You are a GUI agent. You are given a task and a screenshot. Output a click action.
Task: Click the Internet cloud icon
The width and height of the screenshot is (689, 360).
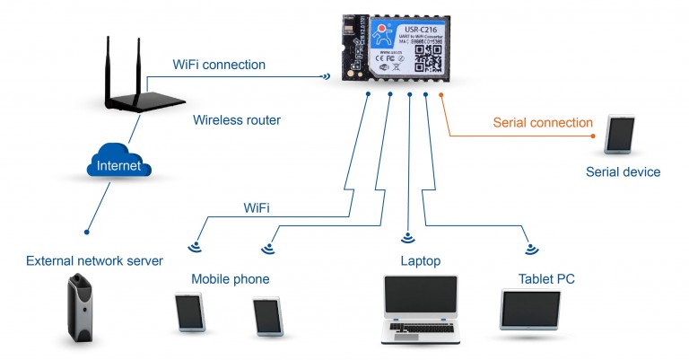tap(120, 165)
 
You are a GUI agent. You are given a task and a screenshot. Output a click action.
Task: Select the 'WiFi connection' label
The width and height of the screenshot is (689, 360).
tap(219, 65)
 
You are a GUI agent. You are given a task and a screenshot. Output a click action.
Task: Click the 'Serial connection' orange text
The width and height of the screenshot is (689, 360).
tap(543, 122)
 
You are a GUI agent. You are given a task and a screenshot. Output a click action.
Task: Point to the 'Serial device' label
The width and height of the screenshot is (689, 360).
tap(623, 171)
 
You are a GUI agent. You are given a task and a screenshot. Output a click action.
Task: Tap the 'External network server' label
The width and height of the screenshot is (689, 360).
tap(94, 261)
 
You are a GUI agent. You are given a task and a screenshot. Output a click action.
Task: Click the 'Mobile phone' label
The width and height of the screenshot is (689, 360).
tap(230, 279)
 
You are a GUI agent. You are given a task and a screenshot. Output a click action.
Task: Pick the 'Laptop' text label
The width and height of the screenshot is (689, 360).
tap(420, 261)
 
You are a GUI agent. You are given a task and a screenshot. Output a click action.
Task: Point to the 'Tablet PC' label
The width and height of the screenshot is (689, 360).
tap(545, 279)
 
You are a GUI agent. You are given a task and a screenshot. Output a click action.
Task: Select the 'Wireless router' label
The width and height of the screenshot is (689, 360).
tap(237, 120)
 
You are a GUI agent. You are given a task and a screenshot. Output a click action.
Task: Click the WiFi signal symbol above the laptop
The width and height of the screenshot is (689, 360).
tap(408, 238)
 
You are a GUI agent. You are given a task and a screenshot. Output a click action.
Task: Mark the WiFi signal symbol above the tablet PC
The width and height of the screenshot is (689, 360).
tap(531, 248)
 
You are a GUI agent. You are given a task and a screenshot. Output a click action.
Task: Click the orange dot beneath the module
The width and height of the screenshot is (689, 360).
tap(441, 93)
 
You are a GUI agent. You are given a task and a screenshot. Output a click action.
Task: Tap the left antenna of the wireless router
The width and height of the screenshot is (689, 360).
tap(110, 62)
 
